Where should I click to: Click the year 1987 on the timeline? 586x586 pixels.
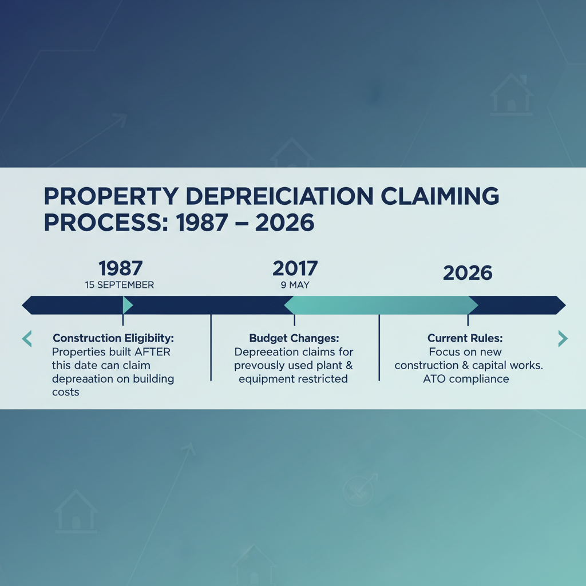click(x=120, y=268)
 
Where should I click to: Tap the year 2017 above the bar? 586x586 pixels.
click(x=295, y=268)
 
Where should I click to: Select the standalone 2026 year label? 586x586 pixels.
click(x=468, y=273)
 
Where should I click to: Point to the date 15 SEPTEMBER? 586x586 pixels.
click(x=119, y=284)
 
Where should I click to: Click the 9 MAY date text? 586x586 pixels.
click(x=295, y=284)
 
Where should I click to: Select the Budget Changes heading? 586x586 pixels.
click(x=294, y=338)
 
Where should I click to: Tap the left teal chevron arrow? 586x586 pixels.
click(x=27, y=339)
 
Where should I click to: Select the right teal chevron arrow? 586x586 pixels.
click(x=563, y=339)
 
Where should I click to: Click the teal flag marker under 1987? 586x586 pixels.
click(x=128, y=305)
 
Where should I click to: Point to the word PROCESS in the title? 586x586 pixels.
click(x=100, y=222)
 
